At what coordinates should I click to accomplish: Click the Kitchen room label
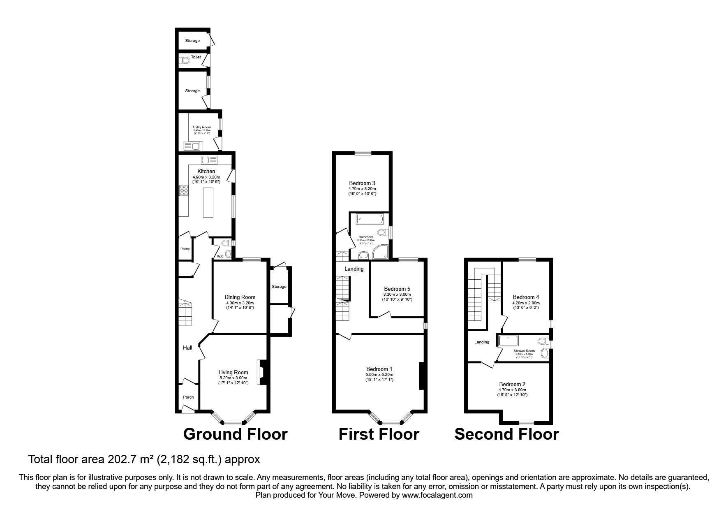[206, 171]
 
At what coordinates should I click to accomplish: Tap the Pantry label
[185, 249]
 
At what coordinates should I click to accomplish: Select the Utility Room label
[202, 128]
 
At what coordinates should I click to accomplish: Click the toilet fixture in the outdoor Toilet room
[185, 61]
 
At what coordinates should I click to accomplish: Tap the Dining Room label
[240, 297]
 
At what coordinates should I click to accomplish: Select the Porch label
[188, 397]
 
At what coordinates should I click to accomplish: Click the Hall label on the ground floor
[187, 348]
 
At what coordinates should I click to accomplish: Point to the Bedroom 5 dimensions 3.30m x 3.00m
[397, 294]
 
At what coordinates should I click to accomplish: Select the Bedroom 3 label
[362, 183]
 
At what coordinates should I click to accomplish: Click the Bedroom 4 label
[526, 297]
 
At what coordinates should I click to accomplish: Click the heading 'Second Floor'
[506, 434]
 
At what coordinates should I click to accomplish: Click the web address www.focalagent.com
[437, 496]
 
